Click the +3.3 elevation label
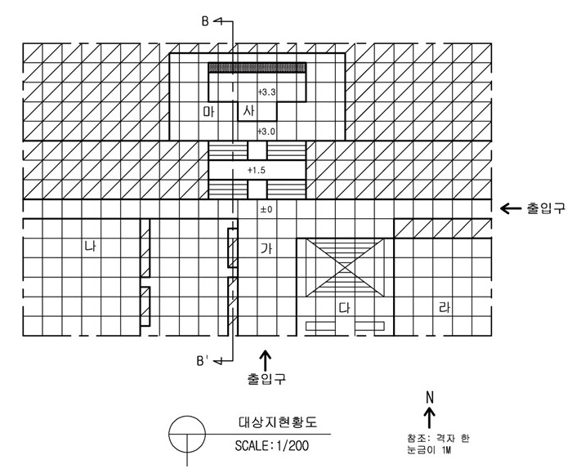266,91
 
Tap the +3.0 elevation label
266,132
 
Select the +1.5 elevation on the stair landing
257,170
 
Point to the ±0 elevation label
266,209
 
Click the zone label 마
209,111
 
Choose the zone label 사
248,109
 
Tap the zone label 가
266,248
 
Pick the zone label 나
90,246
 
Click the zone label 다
344,308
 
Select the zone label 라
444,308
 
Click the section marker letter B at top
205,21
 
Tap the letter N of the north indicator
430,398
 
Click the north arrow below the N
430,417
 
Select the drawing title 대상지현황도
278,422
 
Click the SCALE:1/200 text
272,446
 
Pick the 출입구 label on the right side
546,208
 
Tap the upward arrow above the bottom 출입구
266,361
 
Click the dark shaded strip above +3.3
257,68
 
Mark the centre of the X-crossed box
345,268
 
